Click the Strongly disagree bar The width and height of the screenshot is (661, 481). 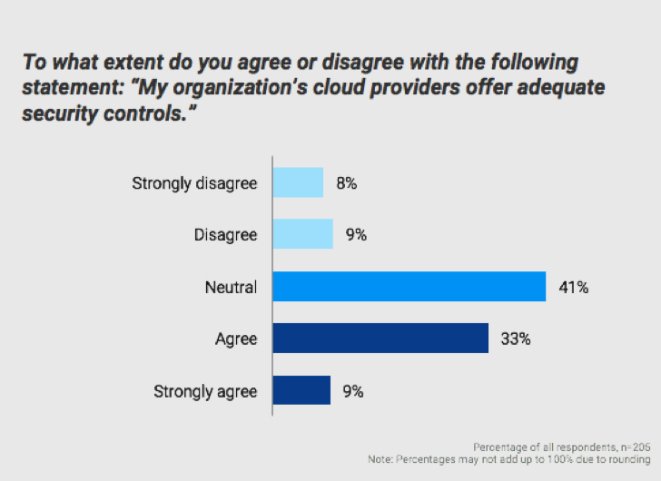(x=298, y=182)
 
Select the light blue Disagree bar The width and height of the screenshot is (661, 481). (x=302, y=234)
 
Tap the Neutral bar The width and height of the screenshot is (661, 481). (x=409, y=287)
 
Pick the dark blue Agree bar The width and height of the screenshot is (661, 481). (x=380, y=339)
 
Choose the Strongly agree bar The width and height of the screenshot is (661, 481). (x=301, y=391)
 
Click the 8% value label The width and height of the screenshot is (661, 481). (x=346, y=183)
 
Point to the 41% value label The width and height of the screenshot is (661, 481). (x=574, y=288)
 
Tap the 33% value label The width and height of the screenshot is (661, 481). (x=515, y=339)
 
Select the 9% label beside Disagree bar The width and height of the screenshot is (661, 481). (x=355, y=235)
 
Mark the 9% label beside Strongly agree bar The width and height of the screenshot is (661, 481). (x=352, y=392)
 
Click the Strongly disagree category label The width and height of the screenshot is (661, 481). (x=194, y=183)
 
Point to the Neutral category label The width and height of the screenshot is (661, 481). (x=231, y=288)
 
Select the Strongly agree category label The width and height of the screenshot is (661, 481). (x=205, y=392)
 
